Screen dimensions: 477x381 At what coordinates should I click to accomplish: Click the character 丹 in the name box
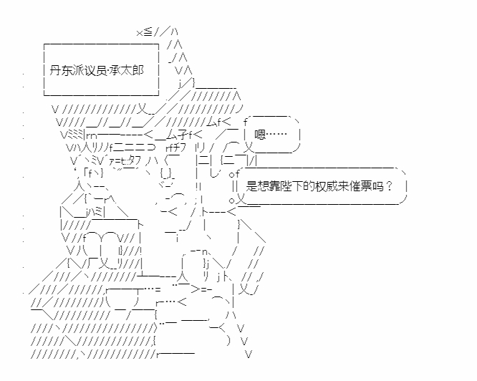54,71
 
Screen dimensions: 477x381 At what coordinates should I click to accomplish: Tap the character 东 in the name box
66,71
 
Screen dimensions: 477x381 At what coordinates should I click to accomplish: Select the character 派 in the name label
77,71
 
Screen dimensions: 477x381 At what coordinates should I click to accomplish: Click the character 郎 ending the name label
138,71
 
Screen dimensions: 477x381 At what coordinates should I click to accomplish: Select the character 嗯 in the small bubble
260,135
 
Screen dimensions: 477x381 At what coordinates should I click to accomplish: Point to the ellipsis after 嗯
276,135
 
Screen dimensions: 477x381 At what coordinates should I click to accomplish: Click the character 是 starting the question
251,186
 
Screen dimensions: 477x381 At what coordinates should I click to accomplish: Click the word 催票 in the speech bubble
360,186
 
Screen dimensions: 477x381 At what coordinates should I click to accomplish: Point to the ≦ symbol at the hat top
148,32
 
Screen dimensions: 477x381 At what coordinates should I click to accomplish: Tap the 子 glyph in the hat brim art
183,135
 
